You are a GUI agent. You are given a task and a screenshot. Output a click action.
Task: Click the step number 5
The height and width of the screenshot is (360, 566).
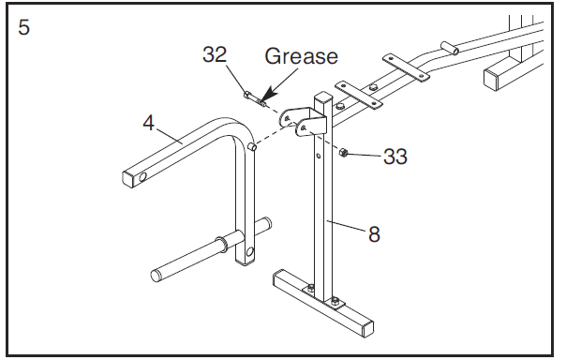click(x=23, y=27)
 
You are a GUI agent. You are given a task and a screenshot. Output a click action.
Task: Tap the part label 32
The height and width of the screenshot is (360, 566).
click(x=215, y=54)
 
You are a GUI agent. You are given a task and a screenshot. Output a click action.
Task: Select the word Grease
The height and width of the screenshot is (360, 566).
click(x=302, y=56)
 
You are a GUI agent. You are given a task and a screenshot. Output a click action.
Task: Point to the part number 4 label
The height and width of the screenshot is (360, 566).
click(x=149, y=123)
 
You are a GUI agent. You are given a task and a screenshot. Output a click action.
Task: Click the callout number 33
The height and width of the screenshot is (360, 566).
click(x=395, y=157)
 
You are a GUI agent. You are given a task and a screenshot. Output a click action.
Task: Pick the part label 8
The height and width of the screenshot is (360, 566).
click(x=374, y=234)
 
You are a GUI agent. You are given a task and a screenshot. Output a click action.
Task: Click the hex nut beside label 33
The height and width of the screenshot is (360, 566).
click(x=343, y=153)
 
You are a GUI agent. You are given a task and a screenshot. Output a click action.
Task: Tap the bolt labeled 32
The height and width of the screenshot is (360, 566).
click(x=255, y=99)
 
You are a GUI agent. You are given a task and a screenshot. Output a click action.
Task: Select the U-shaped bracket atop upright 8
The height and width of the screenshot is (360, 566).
click(x=303, y=121)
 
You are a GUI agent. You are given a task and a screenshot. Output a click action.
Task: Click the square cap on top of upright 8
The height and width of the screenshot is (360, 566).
click(x=323, y=97)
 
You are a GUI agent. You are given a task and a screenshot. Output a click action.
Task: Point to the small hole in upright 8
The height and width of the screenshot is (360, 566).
click(x=319, y=157)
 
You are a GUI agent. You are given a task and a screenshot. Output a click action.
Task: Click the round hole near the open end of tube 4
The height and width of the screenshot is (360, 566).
click(x=142, y=177)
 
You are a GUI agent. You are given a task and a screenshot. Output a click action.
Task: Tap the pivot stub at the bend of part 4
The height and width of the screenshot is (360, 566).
click(x=253, y=147)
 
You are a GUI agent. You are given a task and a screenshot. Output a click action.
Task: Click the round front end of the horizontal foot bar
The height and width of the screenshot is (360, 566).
click(x=156, y=275)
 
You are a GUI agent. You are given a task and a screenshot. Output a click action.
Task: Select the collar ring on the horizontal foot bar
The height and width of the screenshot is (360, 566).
click(x=221, y=243)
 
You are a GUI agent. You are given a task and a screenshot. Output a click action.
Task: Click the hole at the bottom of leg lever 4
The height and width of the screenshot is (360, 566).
click(x=250, y=251)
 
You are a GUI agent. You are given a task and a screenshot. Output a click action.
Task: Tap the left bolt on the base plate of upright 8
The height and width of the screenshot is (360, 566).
click(x=310, y=288)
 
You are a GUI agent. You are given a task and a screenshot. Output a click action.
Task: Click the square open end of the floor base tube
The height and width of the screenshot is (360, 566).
click(x=368, y=329)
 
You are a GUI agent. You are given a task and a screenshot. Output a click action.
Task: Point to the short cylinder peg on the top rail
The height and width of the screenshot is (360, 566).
click(x=449, y=48)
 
